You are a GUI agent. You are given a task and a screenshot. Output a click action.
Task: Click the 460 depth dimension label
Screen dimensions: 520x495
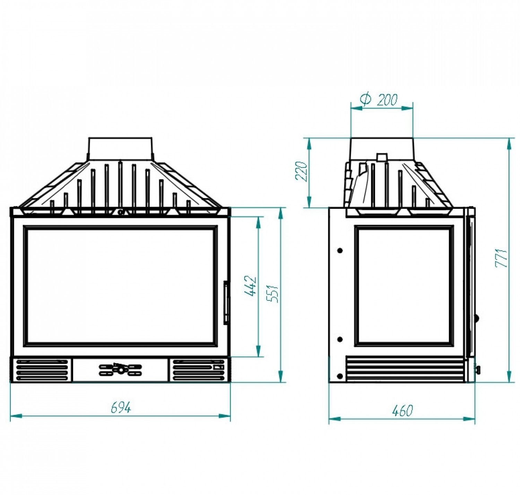coord(402,411)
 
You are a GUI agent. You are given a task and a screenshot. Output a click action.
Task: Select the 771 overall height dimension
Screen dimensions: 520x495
coord(502,258)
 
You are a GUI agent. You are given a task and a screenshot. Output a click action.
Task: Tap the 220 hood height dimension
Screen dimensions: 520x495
coord(302,171)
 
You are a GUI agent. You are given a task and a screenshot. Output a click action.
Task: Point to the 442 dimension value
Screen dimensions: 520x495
coord(250,286)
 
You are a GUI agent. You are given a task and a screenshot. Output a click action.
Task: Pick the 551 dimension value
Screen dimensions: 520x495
coord(273,293)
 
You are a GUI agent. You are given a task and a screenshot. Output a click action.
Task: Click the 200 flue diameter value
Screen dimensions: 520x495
coord(387,100)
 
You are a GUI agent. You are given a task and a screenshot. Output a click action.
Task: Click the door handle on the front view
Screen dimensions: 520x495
coord(226,302)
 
